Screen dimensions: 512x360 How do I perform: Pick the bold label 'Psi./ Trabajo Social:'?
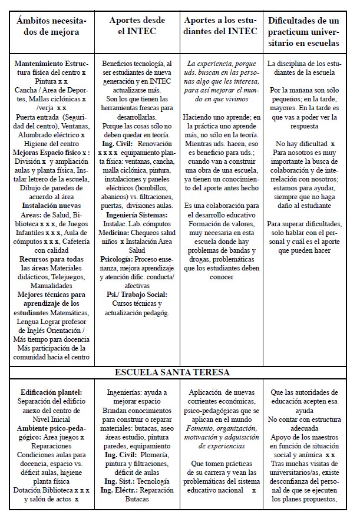[136, 294]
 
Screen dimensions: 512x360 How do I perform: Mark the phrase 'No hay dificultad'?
[298, 143]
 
